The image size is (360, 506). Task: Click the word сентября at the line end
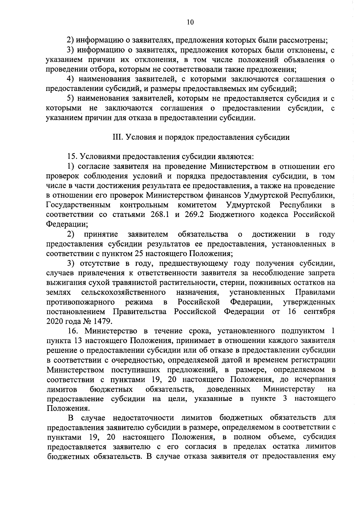[x=319, y=311]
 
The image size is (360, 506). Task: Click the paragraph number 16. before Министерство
[x=73, y=331]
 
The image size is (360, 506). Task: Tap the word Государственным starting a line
[x=78, y=205]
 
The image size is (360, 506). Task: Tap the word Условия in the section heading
[x=138, y=137]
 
